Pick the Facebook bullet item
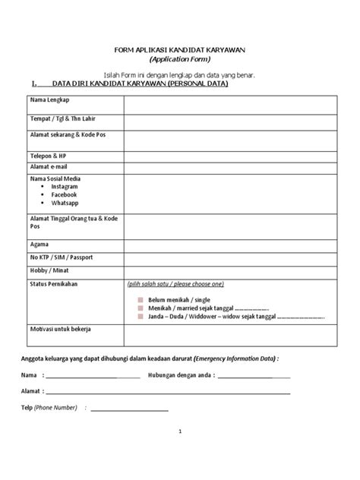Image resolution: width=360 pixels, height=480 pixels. tap(65, 194)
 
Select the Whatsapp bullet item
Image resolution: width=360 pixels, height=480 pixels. tap(66, 204)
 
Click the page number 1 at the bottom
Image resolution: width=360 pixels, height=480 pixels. tap(180, 431)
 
